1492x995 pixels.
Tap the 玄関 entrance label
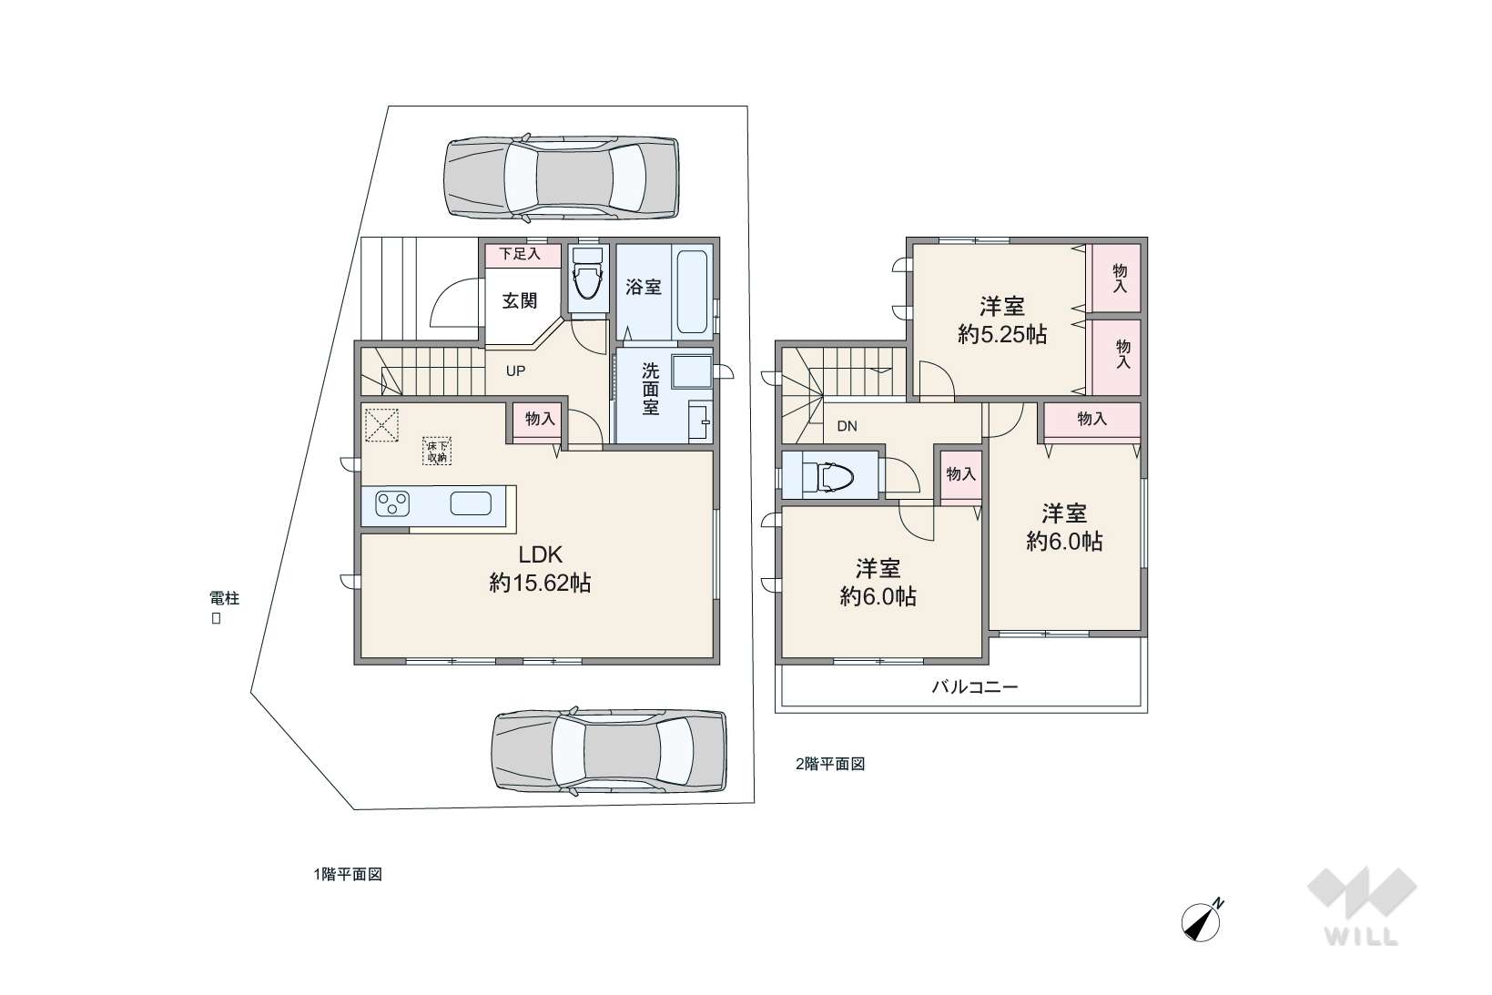pos(520,301)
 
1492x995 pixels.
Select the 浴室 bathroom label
pos(644,287)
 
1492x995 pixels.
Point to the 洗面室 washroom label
pos(651,389)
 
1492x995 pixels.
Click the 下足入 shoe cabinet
pos(521,254)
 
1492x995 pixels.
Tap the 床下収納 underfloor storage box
pos(437,451)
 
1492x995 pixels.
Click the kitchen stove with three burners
pos(392,503)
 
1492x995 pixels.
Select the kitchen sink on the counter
pos(471,503)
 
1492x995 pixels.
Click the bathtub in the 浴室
pos(693,292)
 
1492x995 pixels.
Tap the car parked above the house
pos(561,178)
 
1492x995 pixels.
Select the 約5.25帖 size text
pos(1002,334)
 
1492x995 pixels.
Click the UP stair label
pos(515,371)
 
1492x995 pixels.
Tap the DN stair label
pos(847,426)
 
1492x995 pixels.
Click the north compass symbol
pos(1202,921)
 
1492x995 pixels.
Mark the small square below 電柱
pos(216,619)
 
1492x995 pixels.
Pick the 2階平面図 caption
pos(830,764)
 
